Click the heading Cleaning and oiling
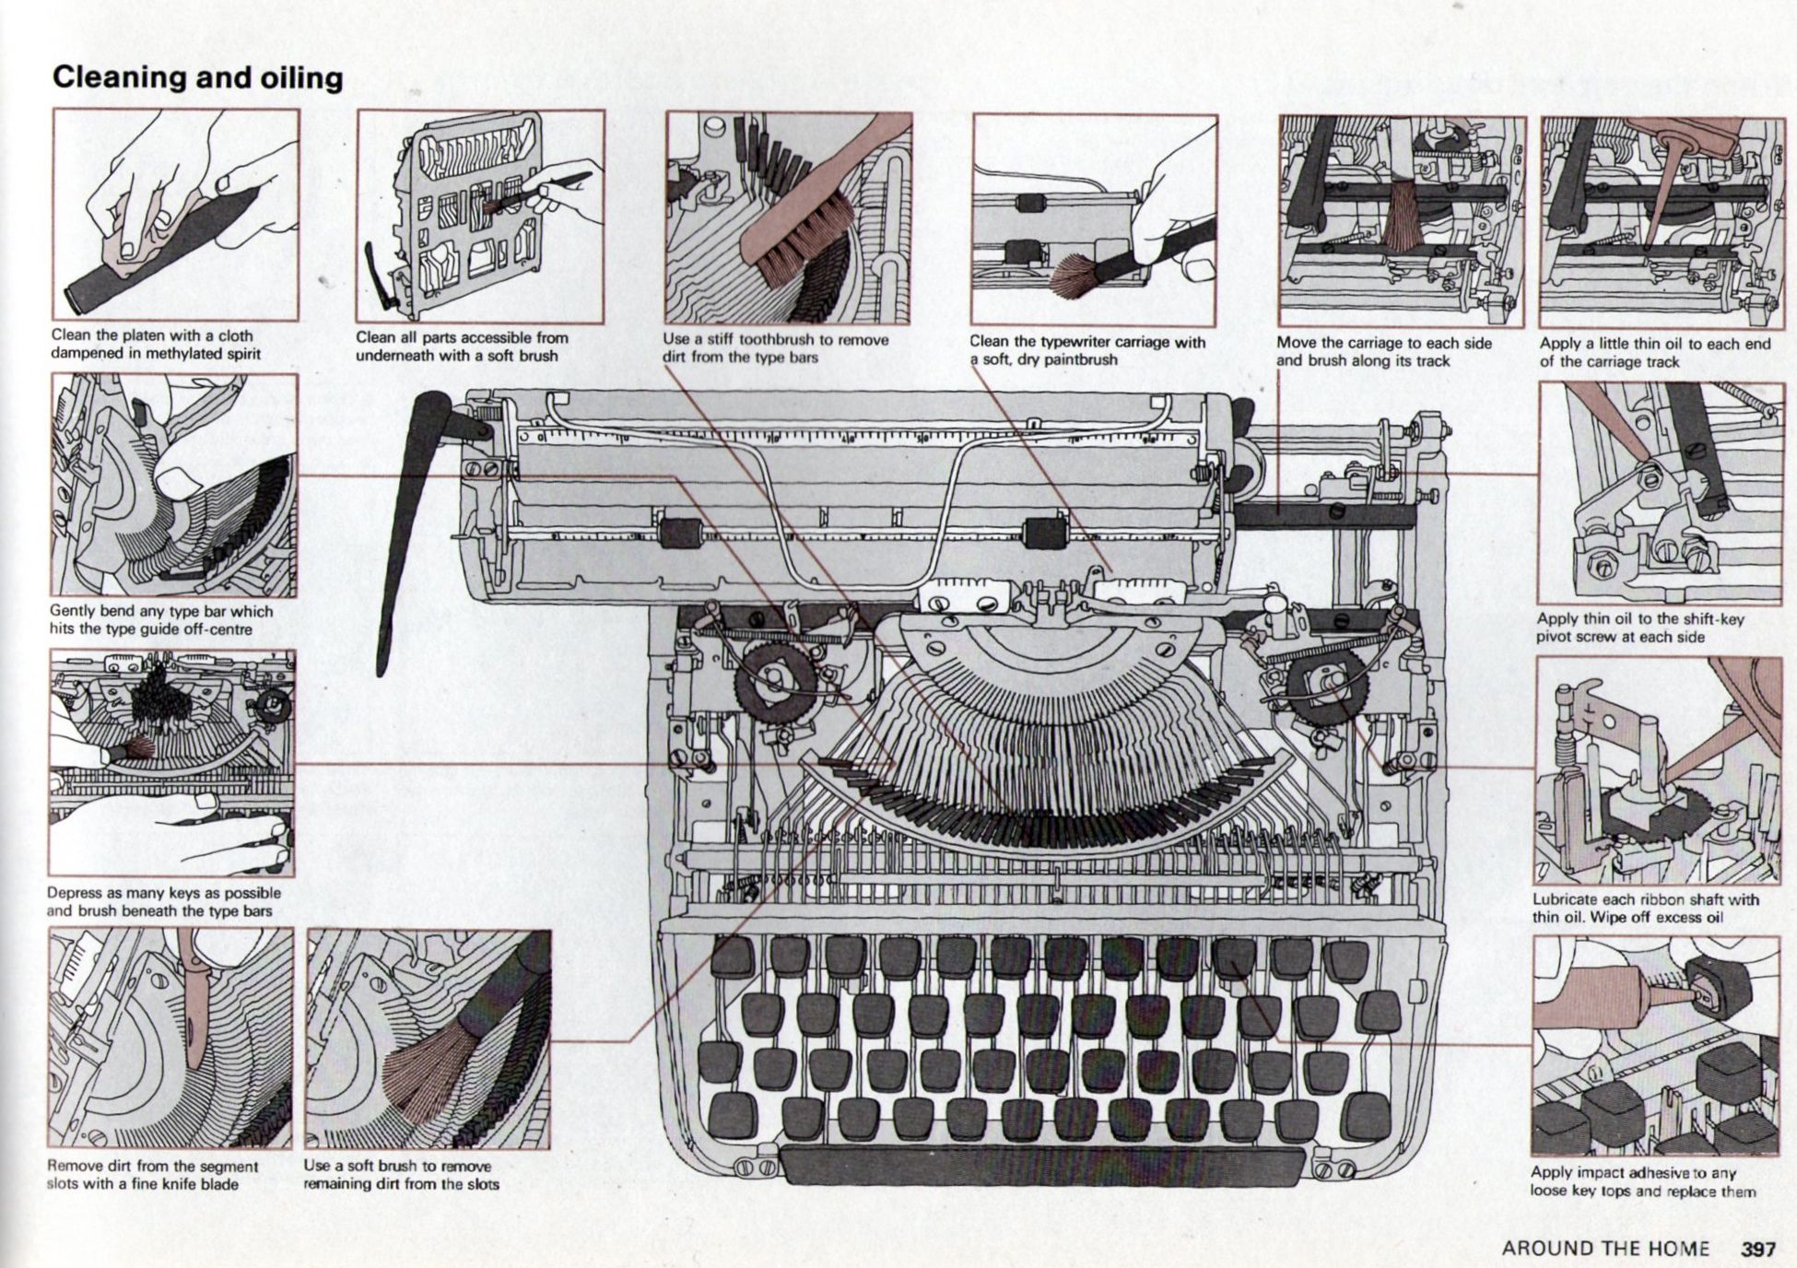[x=197, y=77]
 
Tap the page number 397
[x=1757, y=1249]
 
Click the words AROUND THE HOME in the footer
[x=1605, y=1249]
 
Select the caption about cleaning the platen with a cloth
[x=156, y=345]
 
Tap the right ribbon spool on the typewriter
[x=1328, y=683]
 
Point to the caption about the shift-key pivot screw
[x=1639, y=628]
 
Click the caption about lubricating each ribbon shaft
[x=1645, y=908]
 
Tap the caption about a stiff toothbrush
[x=775, y=347]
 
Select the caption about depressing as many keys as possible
[x=163, y=901]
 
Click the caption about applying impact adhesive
[x=1642, y=1181]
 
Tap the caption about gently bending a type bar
[x=161, y=619]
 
